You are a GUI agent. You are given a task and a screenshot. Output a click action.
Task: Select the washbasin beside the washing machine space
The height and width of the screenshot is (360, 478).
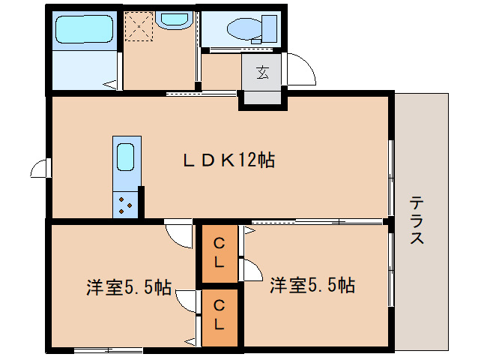coord(175,20)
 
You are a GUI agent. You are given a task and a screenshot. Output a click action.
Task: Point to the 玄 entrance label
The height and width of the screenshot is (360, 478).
coord(263,72)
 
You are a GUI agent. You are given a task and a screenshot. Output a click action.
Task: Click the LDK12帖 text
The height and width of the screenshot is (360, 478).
coord(229,160)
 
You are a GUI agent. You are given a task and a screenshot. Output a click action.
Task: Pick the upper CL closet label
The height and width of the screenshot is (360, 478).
coord(219,253)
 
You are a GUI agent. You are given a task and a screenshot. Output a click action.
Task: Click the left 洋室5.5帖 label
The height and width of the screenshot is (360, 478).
coord(128,286)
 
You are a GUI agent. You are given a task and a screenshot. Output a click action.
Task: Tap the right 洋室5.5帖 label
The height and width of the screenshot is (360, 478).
coord(312,285)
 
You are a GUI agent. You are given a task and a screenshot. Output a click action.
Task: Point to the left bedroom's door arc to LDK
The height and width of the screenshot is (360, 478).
coord(178,235)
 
